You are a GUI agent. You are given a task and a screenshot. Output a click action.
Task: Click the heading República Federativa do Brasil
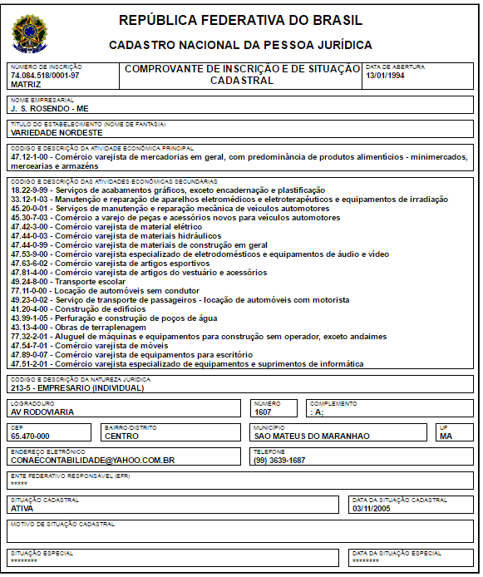pos(240,20)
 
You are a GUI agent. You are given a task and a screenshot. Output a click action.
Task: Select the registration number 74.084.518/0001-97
pos(45,76)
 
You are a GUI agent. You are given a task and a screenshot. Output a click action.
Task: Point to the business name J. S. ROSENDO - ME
pos(50,108)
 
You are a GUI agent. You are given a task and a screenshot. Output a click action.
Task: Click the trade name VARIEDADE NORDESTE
pos(57,132)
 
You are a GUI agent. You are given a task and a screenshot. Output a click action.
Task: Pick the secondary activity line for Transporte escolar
pos(71,281)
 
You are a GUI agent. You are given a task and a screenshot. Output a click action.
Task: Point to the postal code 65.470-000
pos(31,436)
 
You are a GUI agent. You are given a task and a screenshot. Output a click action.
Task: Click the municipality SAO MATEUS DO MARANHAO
pos(312,436)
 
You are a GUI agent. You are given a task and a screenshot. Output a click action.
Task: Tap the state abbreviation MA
pos(446,436)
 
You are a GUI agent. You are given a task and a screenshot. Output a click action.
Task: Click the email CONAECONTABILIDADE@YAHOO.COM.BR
pos(92,460)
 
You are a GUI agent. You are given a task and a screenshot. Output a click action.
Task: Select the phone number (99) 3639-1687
pos(279,460)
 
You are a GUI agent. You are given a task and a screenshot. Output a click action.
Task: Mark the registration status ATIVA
pos(22,507)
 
